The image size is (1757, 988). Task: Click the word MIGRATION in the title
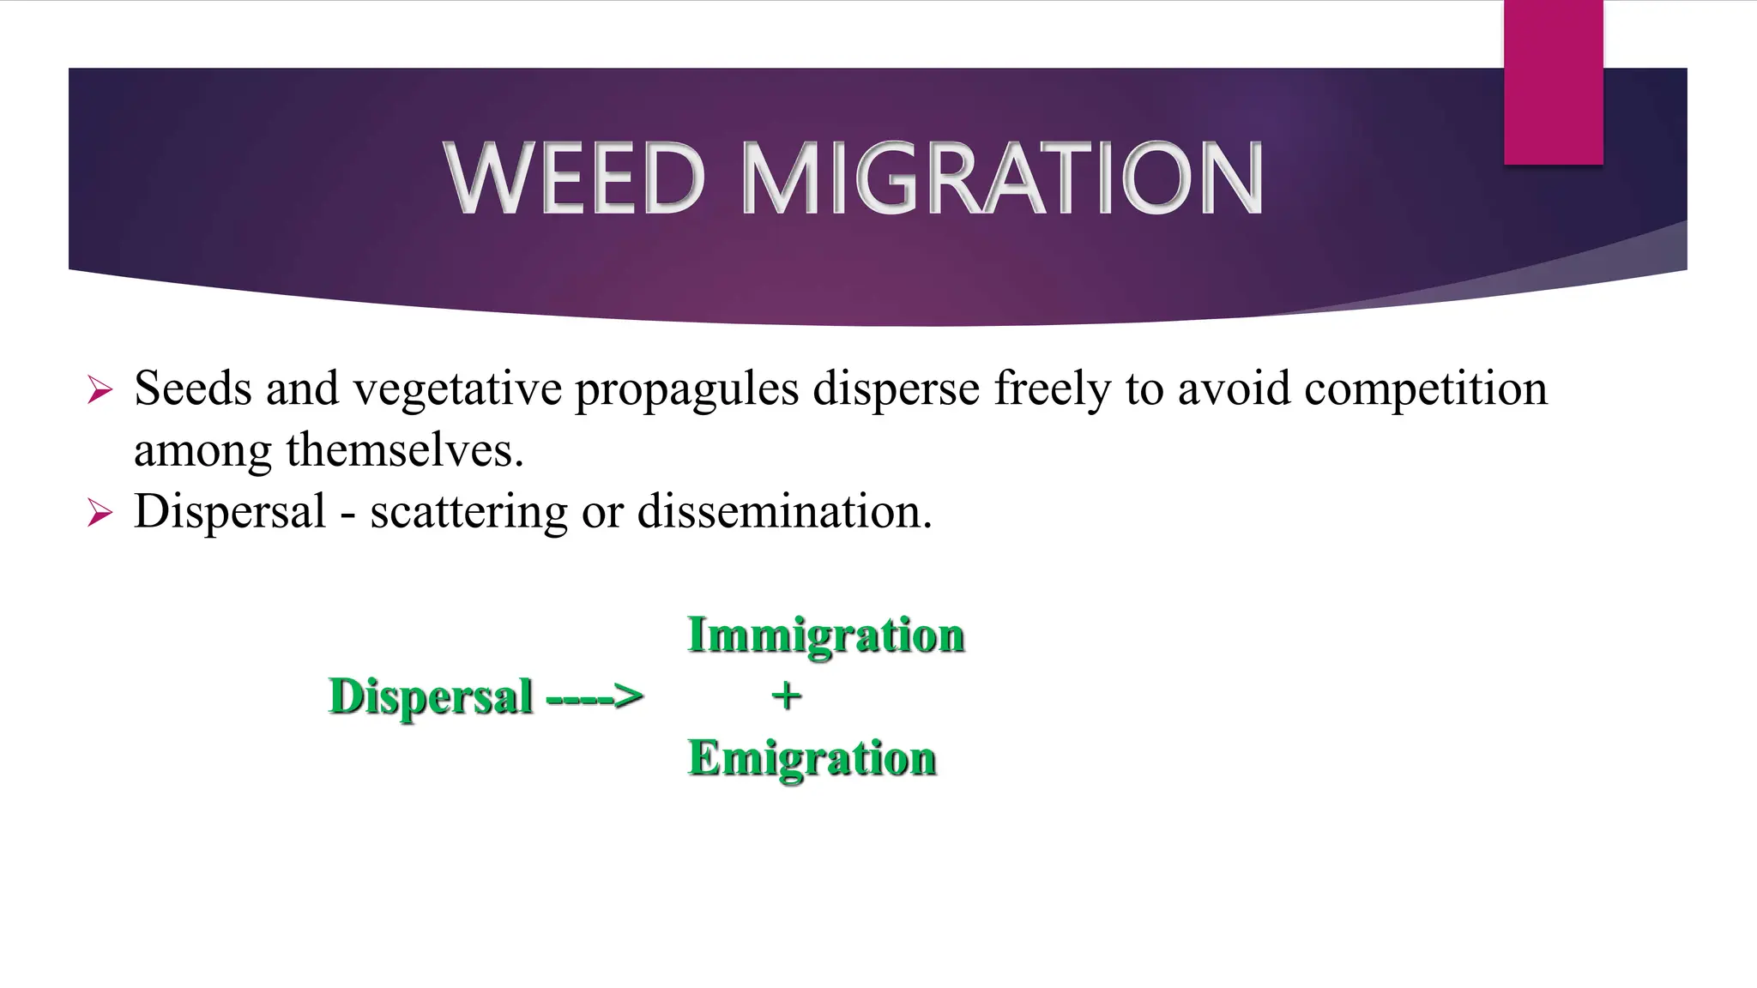click(1001, 178)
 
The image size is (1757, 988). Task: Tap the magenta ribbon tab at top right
click(1553, 81)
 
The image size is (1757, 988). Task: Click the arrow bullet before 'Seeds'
click(100, 391)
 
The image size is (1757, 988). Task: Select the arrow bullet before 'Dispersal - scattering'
click(100, 514)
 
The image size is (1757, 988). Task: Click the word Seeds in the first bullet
click(193, 389)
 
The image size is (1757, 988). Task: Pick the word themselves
click(404, 450)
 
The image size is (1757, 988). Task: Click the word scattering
click(468, 513)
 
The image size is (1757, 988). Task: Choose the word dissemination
click(784, 512)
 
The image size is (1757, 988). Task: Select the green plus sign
click(787, 696)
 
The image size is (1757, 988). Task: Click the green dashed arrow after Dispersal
click(595, 696)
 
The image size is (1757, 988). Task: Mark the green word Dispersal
click(431, 696)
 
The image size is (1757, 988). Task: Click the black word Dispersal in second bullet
click(230, 513)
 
